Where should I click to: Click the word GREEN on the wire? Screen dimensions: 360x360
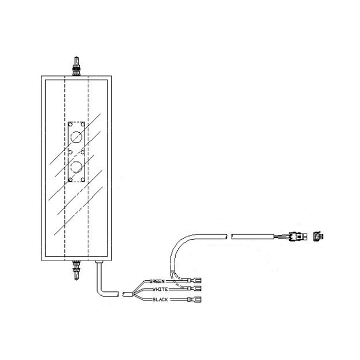tap(157, 281)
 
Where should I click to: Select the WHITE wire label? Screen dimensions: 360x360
tap(160, 289)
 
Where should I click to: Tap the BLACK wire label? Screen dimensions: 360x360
tap(160, 299)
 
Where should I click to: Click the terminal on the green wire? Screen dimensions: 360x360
tap(194, 280)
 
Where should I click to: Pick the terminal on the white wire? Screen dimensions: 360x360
tap(194, 288)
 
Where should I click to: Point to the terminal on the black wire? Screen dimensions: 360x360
tap(194, 299)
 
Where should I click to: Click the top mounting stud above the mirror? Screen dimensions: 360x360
tap(76, 66)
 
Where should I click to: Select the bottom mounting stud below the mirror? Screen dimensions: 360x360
tap(76, 270)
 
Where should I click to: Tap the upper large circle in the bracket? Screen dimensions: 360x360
tap(76, 137)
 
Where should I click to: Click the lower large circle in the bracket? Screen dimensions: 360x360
tap(76, 166)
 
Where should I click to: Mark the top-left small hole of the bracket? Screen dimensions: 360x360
tap(70, 124)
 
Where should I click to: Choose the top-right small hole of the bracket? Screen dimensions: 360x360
tap(82, 124)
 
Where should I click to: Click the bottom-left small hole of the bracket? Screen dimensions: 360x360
tap(70, 179)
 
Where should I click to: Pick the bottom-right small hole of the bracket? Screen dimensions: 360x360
tap(82, 179)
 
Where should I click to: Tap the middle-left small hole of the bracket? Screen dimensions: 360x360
tap(70, 152)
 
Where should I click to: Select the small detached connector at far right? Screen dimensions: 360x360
tap(318, 236)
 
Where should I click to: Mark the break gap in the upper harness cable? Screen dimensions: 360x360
tap(229, 236)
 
